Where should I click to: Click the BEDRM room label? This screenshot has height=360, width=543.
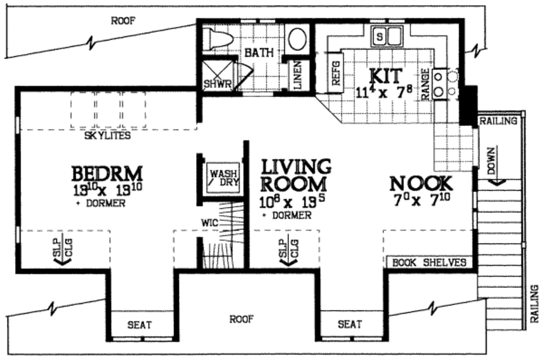click(x=107, y=174)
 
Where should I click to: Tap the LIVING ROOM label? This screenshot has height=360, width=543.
click(x=296, y=175)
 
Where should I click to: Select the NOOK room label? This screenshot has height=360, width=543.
click(x=421, y=184)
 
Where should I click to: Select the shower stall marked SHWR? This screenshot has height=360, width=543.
click(x=218, y=76)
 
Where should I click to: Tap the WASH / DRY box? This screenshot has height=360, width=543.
click(x=224, y=177)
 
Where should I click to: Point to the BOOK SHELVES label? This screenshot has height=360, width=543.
click(x=430, y=262)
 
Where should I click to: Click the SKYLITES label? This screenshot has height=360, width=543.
click(x=108, y=136)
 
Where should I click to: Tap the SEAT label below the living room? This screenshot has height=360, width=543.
click(x=350, y=324)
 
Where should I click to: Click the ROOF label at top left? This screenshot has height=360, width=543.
click(x=123, y=21)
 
